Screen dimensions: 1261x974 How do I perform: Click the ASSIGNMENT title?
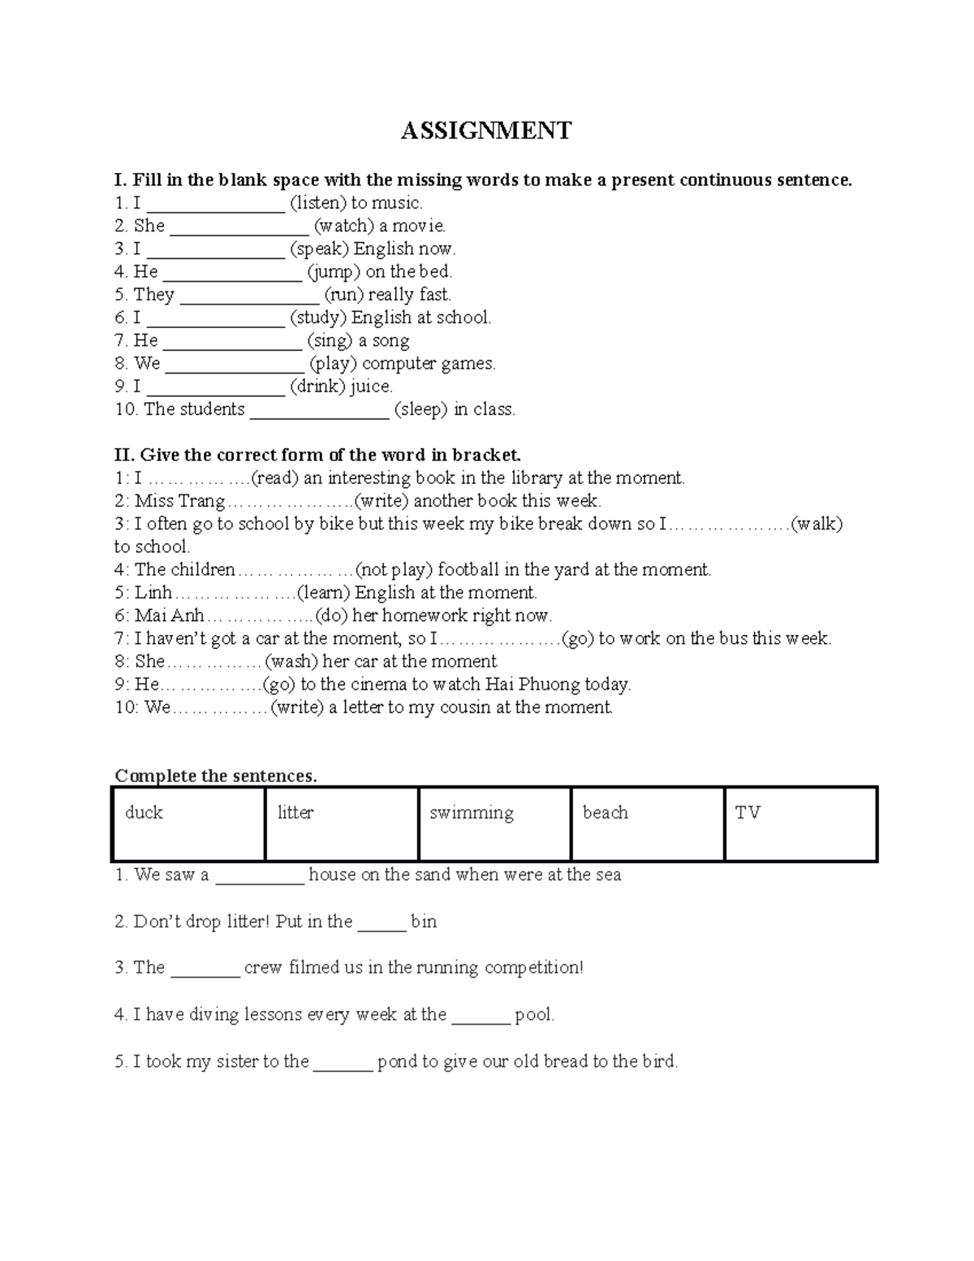(x=485, y=130)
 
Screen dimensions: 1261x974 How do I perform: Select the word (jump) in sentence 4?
(x=334, y=272)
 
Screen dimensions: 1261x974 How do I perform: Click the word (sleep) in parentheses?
(x=420, y=410)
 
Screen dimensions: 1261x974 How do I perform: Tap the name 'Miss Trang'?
(x=179, y=501)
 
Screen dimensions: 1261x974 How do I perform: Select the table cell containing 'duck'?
(x=188, y=823)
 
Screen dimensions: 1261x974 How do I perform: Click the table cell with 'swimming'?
(x=494, y=823)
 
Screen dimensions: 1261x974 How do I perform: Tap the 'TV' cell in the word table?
(x=800, y=823)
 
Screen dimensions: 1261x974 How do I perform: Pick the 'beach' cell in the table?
(x=647, y=823)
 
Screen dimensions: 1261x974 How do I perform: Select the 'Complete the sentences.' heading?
(x=216, y=776)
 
